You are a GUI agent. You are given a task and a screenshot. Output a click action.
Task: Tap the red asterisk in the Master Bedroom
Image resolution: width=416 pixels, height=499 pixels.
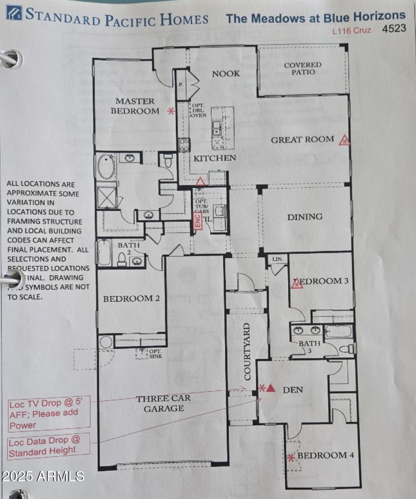click(x=170, y=111)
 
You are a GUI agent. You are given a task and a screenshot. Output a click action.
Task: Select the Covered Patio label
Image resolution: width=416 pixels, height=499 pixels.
click(x=303, y=69)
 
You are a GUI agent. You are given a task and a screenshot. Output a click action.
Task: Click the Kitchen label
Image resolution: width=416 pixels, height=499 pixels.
click(x=215, y=158)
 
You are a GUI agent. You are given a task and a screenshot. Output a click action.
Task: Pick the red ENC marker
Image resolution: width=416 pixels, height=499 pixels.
click(x=197, y=222)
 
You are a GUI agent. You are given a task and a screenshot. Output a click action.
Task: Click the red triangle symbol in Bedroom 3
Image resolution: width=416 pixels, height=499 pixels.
click(x=297, y=283)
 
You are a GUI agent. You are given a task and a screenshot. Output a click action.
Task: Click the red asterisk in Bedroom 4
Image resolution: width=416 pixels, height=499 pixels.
click(x=291, y=457)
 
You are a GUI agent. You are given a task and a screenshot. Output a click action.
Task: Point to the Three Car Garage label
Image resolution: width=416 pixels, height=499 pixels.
click(x=164, y=403)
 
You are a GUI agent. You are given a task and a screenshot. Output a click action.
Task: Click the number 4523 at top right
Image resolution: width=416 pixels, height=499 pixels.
click(x=394, y=29)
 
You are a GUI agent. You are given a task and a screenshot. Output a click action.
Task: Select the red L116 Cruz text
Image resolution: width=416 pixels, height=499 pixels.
click(x=352, y=30)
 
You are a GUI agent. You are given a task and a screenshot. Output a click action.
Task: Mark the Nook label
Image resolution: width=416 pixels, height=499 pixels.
click(x=226, y=74)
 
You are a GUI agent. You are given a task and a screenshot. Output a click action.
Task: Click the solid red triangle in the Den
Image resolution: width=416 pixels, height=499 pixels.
click(x=270, y=388)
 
